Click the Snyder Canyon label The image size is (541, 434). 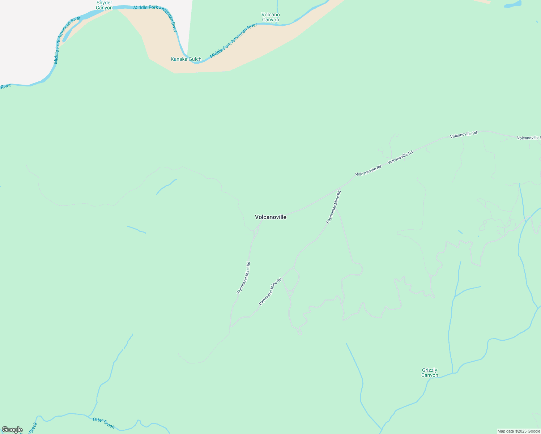[104, 5]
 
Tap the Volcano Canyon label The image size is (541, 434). [270, 17]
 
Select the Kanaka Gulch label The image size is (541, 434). [186, 59]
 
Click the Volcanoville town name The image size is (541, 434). [270, 217]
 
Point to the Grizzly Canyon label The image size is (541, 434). [430, 373]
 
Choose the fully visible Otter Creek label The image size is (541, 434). [104, 423]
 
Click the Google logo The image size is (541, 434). [12, 430]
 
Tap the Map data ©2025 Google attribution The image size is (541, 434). [519, 431]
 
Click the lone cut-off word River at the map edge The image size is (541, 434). [5, 86]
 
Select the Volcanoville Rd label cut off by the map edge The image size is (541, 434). [528, 138]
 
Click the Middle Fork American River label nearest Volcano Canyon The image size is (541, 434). [233, 41]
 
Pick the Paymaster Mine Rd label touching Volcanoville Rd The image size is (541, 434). [333, 207]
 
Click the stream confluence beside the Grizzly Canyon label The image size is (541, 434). [452, 373]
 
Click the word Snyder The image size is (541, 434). [104, 3]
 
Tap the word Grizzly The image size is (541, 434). [430, 370]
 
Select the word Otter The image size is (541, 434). [98, 420]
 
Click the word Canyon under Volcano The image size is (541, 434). [270, 20]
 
